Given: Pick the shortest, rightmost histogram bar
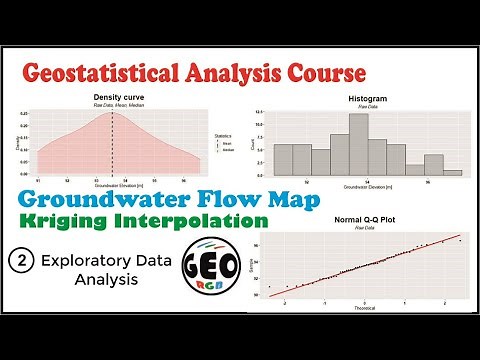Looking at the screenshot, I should [x=453, y=173].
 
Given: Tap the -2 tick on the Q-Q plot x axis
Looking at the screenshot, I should [x=287, y=311].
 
